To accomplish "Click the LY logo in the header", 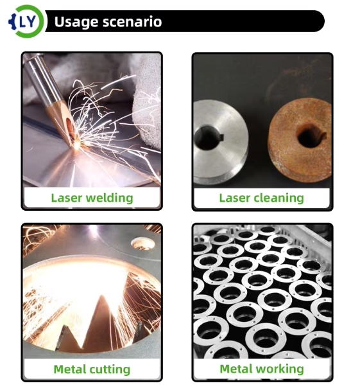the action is (26, 21).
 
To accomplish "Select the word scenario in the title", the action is (132, 22).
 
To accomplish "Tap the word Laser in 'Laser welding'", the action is (67, 198).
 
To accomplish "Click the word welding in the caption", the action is (109, 199).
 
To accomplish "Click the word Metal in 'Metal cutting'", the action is (70, 369).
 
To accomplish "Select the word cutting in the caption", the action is (110, 369).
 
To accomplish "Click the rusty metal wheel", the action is (300, 140).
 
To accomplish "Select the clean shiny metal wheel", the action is (220, 142).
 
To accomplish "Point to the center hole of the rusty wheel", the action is (310, 136).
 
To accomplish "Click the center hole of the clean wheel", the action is (208, 137).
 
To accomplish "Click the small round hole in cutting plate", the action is (142, 244).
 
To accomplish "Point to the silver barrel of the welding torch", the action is (41, 80).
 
